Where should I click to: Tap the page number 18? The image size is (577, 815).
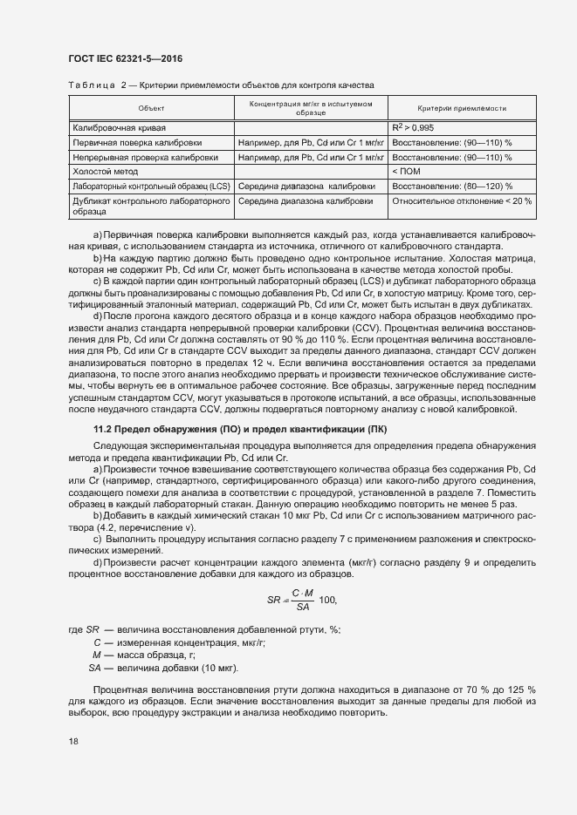pyautogui.click(x=73, y=742)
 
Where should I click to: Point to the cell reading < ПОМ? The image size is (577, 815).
pyautogui.click(x=407, y=172)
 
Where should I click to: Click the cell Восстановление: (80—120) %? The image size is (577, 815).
pyautogui.click(x=452, y=187)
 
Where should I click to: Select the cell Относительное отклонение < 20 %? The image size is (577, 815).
pyautogui.click(x=462, y=200)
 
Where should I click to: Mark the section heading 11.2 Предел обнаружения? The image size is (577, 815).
pyautogui.click(x=239, y=430)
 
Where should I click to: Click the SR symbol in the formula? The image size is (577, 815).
pyautogui.click(x=272, y=600)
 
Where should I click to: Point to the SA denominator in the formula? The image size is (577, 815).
pyautogui.click(x=303, y=607)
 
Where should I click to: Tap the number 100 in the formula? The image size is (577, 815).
pyautogui.click(x=328, y=600)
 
